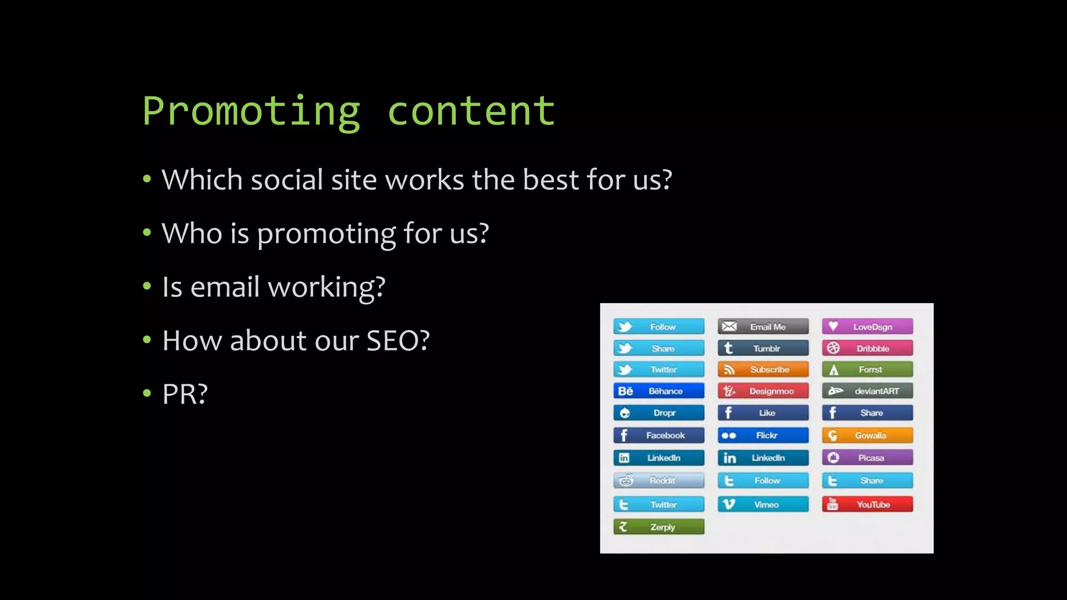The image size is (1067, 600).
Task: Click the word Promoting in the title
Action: coord(251,111)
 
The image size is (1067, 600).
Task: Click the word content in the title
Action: coord(471,111)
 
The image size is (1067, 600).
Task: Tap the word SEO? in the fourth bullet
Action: coord(398,341)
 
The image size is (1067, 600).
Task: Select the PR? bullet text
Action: coord(185,394)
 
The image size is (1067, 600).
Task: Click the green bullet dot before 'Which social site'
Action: coord(147,180)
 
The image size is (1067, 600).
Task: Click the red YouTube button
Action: coord(867,504)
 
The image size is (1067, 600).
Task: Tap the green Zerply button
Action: coord(659,527)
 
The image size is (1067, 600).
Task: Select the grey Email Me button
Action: coord(763,327)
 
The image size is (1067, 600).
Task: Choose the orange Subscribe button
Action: coord(763,369)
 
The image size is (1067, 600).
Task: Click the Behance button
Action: coord(659,391)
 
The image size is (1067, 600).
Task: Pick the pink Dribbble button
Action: coord(867,348)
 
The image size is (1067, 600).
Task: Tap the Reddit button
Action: coord(659,480)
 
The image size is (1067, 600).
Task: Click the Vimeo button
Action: coord(763,504)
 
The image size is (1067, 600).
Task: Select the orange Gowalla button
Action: coord(867,435)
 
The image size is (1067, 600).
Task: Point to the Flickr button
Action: coord(763,435)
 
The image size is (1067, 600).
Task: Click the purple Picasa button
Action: coord(867,458)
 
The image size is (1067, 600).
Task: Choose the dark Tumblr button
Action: coord(763,348)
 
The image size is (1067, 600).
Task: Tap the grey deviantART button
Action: coord(867,391)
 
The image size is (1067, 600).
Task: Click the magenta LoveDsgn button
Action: coord(867,327)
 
